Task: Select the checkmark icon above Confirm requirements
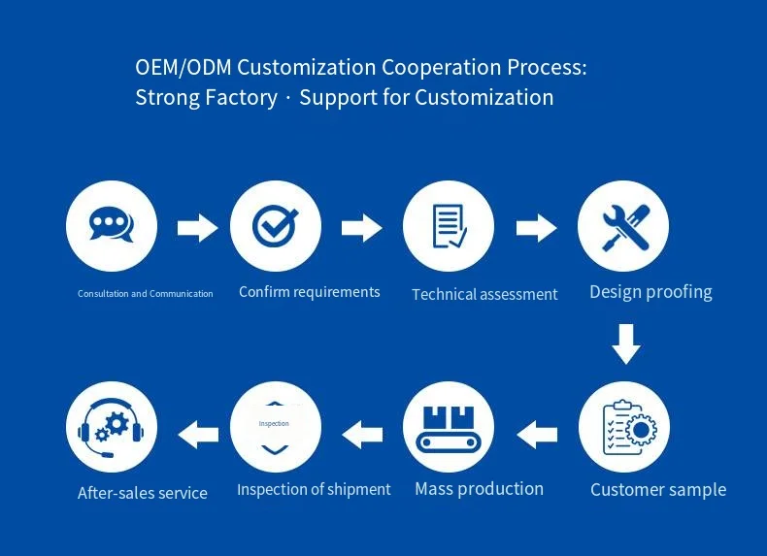(275, 225)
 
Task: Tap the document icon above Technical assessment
(450, 226)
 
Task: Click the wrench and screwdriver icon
(625, 227)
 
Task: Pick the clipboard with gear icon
(629, 427)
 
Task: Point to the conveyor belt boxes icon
(449, 430)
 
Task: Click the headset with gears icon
(111, 428)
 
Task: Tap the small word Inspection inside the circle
(274, 423)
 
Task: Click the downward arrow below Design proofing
(626, 343)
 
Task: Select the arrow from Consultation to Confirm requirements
(197, 227)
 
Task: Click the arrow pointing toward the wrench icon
(536, 227)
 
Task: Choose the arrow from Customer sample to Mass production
(537, 435)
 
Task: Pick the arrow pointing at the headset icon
(198, 435)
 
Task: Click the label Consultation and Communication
(146, 294)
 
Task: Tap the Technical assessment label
(484, 294)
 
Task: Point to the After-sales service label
(143, 493)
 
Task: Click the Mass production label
(479, 489)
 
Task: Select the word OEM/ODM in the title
(183, 67)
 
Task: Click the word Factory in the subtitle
(241, 97)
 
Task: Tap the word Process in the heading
(547, 67)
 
